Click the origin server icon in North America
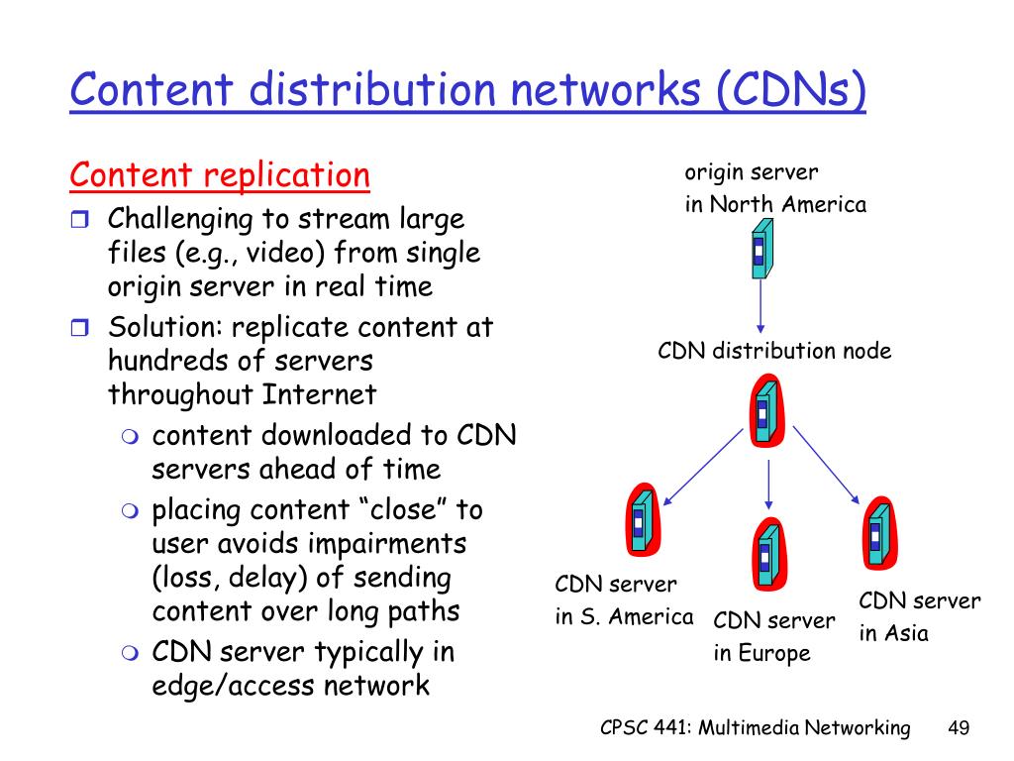(x=760, y=248)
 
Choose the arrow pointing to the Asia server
(x=827, y=464)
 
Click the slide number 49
(x=958, y=728)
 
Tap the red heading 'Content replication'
(x=220, y=175)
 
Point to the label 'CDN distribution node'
(x=774, y=351)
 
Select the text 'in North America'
(x=775, y=205)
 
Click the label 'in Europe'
(x=761, y=653)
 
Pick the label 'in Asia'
(x=893, y=633)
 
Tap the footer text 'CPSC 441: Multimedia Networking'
(x=755, y=728)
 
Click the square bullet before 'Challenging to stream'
(x=80, y=219)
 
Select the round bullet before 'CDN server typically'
(x=132, y=653)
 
